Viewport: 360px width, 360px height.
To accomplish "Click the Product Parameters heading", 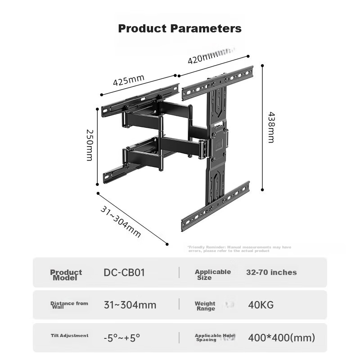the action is point(180,29).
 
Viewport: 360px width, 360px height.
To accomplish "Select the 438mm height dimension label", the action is point(271,127).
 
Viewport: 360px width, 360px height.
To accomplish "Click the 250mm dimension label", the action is point(89,145).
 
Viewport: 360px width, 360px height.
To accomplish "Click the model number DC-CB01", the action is point(124,272).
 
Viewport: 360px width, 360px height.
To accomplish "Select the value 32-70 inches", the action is point(271,272).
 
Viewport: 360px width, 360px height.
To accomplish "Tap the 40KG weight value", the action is point(261,305).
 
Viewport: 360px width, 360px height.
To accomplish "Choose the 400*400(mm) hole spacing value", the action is point(281,337).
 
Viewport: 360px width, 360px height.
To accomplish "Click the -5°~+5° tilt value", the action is point(122,337).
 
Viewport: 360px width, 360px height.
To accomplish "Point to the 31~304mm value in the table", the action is point(130,305).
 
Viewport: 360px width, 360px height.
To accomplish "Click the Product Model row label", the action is point(66,274).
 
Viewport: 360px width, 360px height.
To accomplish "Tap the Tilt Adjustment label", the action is point(69,336).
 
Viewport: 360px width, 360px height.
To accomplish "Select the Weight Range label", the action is point(205,306).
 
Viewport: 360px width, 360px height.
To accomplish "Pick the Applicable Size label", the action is point(213,274).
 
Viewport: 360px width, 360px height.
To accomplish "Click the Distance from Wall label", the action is point(69,305).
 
